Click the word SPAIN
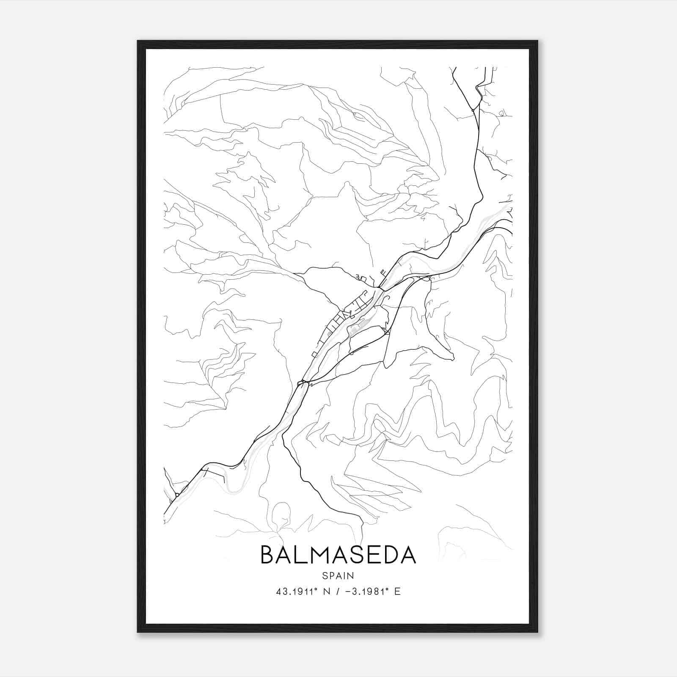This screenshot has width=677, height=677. (338, 575)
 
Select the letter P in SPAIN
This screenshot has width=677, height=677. (332, 575)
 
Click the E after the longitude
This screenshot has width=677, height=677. (397, 592)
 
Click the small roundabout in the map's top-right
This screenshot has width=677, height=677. (473, 110)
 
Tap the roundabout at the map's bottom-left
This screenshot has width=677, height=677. (177, 495)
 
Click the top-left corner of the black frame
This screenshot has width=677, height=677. (138, 41)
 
